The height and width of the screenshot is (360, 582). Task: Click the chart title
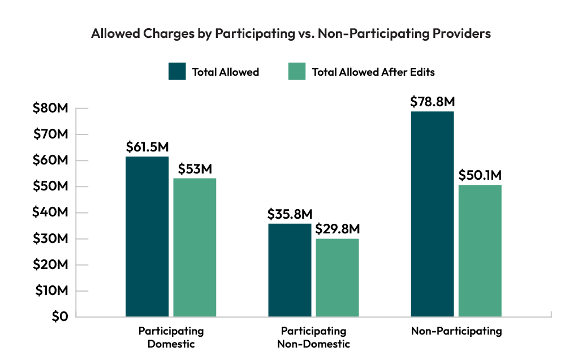(291, 34)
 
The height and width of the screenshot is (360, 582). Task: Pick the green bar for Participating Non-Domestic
(337, 277)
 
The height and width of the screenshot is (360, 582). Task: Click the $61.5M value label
(147, 147)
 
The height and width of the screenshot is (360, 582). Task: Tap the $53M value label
(195, 169)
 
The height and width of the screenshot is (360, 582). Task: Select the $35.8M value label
(290, 214)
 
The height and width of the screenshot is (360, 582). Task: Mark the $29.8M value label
(337, 229)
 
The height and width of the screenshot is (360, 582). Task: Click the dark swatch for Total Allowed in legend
(177, 72)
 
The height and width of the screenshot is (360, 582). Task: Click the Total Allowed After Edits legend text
(373, 72)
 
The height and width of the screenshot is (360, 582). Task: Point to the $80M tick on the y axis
(51, 109)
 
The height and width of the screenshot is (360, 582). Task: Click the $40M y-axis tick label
(51, 212)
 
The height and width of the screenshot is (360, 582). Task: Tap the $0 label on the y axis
(59, 317)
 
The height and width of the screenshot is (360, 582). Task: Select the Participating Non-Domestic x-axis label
(313, 337)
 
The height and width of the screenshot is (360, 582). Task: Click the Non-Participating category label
(456, 331)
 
